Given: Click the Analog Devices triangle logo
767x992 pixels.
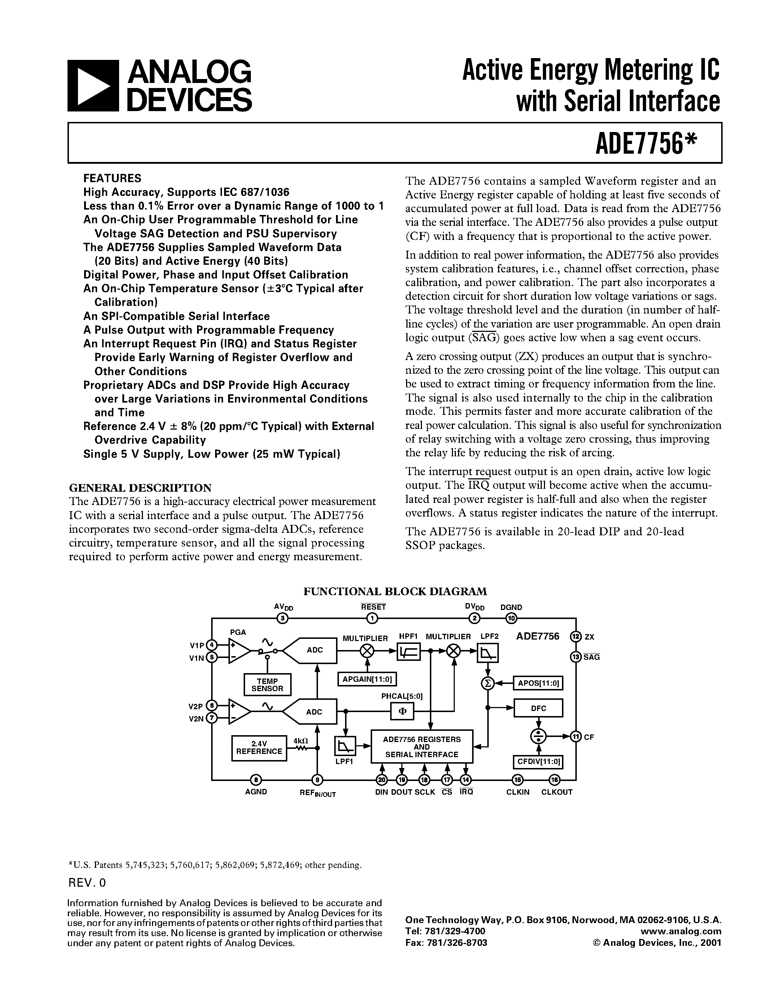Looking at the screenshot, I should pyautogui.click(x=93, y=86).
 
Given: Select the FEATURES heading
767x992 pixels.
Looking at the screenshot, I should pyautogui.click(x=112, y=178).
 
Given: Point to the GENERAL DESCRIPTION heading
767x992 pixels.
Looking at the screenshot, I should pyautogui.click(x=140, y=488).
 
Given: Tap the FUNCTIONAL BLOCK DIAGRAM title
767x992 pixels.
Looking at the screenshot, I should pyautogui.click(x=395, y=591).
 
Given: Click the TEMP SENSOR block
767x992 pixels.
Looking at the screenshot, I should pyautogui.click(x=267, y=685).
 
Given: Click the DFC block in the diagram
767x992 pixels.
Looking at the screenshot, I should pyautogui.click(x=538, y=708).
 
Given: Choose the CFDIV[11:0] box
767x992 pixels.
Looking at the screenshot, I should pyautogui.click(x=538, y=762).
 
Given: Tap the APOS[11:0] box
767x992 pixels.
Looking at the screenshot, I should pyautogui.click(x=538, y=683).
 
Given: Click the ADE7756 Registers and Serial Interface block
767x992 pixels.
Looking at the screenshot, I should pyautogui.click(x=422, y=747).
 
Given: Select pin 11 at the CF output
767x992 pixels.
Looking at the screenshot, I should pyautogui.click(x=576, y=736).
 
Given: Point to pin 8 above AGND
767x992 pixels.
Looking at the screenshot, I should pyautogui.click(x=256, y=780).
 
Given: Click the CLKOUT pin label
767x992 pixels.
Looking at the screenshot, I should pyautogui.click(x=557, y=792).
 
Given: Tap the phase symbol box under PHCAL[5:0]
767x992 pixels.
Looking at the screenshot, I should pyautogui.click(x=402, y=711).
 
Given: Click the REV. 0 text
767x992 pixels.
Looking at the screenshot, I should pyautogui.click(x=87, y=883).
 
